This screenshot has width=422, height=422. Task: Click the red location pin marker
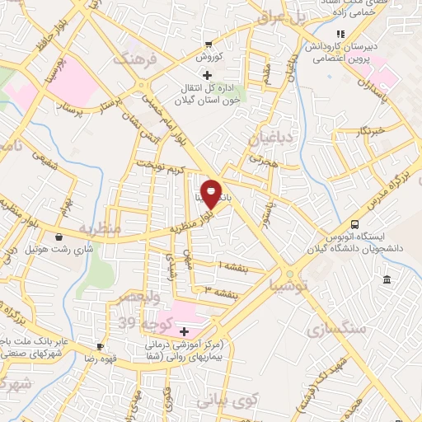211,194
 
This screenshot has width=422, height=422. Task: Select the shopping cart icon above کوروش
209,45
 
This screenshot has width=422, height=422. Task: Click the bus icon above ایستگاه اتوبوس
355,224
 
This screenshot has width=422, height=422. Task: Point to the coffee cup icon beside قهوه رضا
100,347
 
